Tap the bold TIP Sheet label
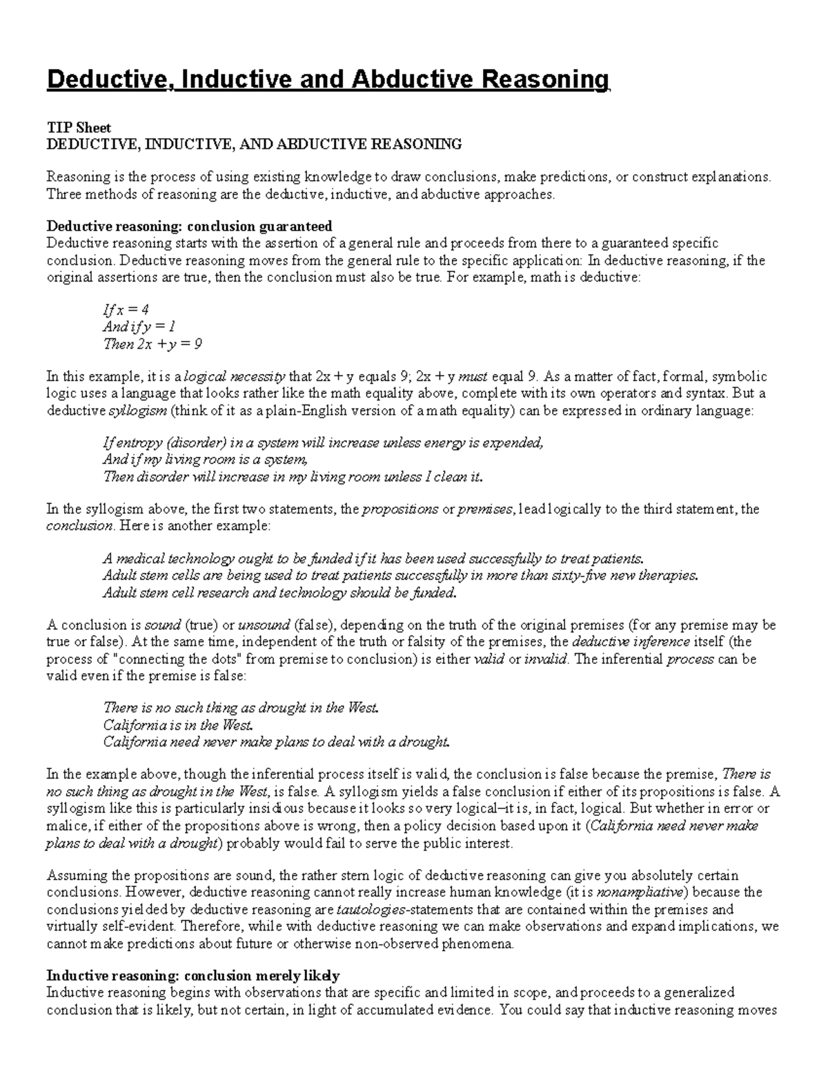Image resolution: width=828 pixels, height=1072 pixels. [78, 128]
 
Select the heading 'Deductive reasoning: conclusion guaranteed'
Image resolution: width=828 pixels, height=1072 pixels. [189, 226]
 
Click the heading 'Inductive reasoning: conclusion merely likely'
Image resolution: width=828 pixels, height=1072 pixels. [193, 976]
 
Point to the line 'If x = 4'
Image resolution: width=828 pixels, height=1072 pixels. [126, 310]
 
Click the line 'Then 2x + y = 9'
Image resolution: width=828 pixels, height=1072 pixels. [152, 344]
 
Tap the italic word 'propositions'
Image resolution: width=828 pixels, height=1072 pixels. [400, 509]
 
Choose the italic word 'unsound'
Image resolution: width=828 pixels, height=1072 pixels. [264, 625]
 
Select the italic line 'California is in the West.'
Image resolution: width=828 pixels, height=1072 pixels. [179, 725]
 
